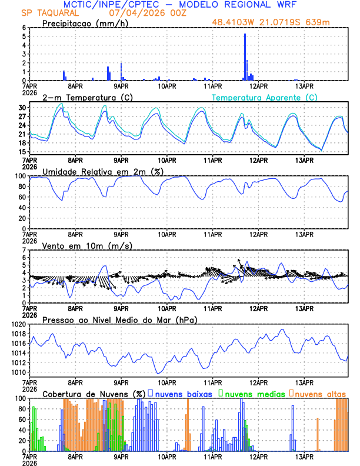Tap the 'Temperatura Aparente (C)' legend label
click(265, 97)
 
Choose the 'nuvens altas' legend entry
click(320, 392)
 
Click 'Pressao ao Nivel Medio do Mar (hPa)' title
click(120, 319)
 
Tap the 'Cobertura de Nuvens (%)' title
click(94, 393)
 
